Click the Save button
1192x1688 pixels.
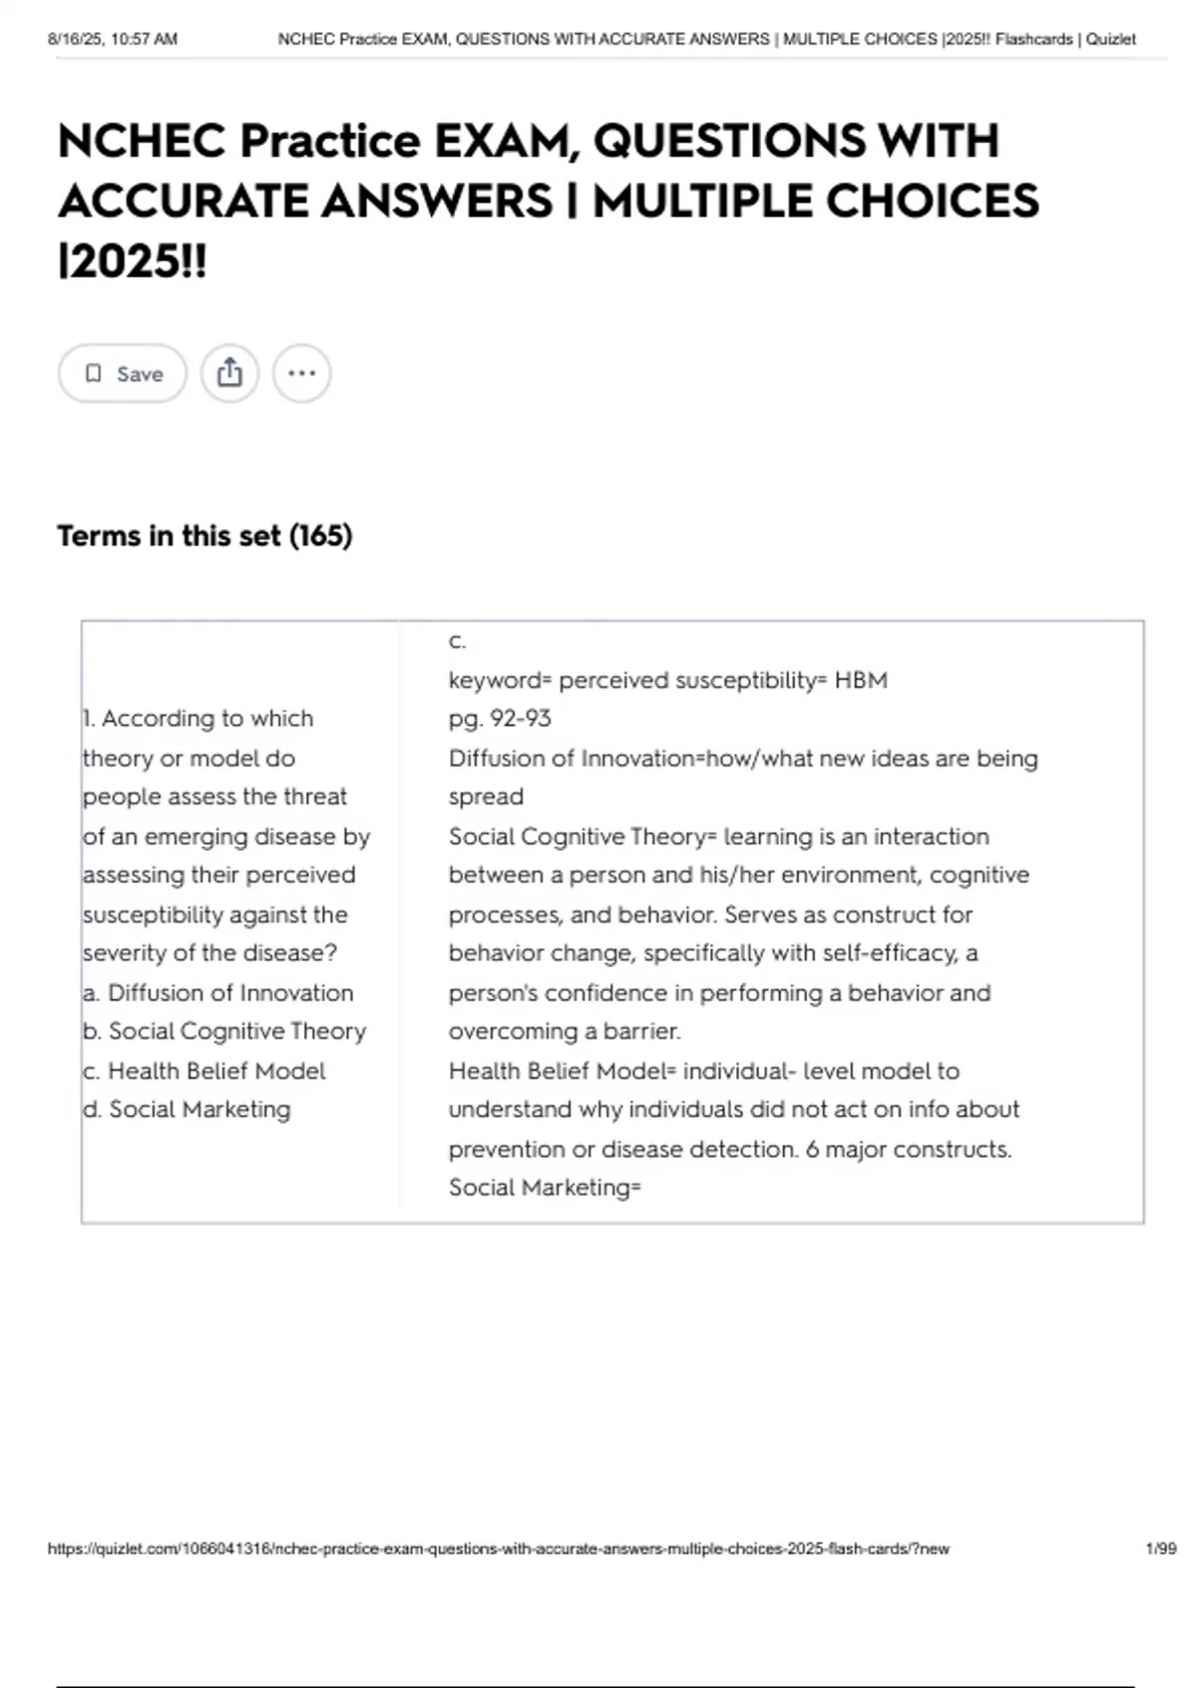pyautogui.click(x=122, y=373)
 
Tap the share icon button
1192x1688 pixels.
pyautogui.click(x=229, y=373)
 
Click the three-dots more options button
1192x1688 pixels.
pyautogui.click(x=301, y=373)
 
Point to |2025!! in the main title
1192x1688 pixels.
pyautogui.click(x=132, y=262)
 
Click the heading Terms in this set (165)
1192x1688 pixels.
pyautogui.click(x=205, y=536)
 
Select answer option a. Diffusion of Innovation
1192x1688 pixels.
pyautogui.click(x=218, y=993)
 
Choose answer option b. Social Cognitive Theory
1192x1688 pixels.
pyautogui.click(x=224, y=1032)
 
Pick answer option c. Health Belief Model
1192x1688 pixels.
pyautogui.click(x=204, y=1071)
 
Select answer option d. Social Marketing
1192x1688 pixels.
pyautogui.click(x=187, y=1109)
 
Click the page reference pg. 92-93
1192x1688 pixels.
pyautogui.click(x=500, y=719)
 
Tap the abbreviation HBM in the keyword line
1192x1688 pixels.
pyautogui.click(x=861, y=680)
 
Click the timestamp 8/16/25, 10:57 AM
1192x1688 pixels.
pyautogui.click(x=112, y=40)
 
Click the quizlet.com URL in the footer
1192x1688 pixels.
pyautogui.click(x=498, y=1549)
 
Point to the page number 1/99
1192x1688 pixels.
pyautogui.click(x=1160, y=1549)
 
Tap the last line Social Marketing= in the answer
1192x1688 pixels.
pyautogui.click(x=544, y=1188)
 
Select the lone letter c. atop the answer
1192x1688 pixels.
pyautogui.click(x=457, y=641)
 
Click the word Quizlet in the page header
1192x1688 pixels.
pyautogui.click(x=1111, y=40)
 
